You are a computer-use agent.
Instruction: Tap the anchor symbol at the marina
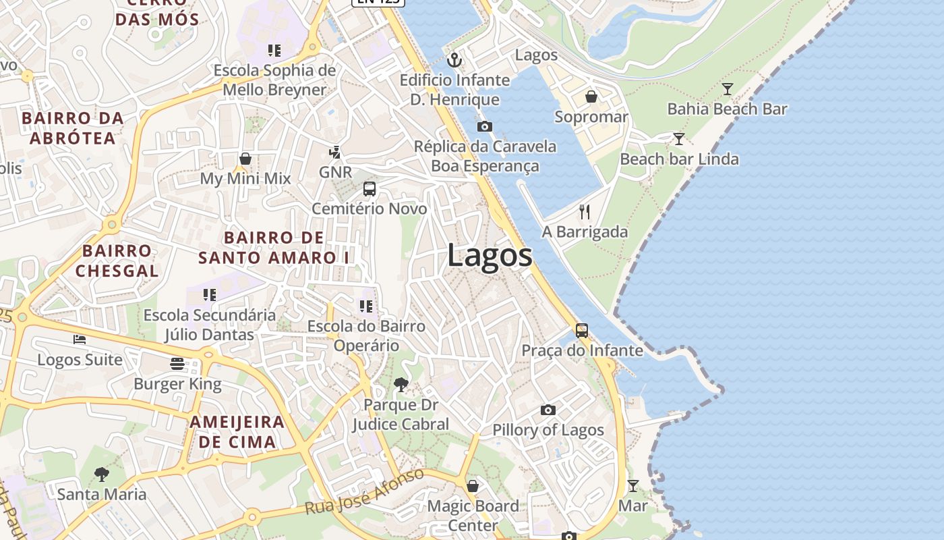(x=455, y=60)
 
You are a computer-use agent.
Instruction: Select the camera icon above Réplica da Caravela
(x=484, y=126)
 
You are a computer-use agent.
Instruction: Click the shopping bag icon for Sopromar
(x=591, y=97)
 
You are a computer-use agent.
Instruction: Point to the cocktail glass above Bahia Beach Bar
(x=727, y=89)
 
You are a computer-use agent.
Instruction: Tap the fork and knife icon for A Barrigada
(x=585, y=212)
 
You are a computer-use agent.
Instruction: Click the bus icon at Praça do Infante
(x=581, y=331)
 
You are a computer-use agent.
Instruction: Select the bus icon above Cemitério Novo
(x=369, y=189)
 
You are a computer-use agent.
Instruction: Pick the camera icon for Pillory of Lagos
(x=548, y=410)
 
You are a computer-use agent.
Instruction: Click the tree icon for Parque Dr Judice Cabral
(x=401, y=385)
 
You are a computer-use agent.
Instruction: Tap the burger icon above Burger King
(x=177, y=364)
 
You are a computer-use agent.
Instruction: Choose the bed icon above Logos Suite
(x=80, y=340)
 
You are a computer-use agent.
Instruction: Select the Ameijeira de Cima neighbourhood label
(x=237, y=432)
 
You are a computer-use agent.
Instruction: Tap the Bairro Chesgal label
(x=117, y=261)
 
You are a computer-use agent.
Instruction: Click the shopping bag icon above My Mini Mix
(x=245, y=159)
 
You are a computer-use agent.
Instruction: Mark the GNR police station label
(x=335, y=172)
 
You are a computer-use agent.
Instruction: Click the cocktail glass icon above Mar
(x=632, y=485)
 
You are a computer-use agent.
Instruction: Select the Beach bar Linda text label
(x=679, y=159)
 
